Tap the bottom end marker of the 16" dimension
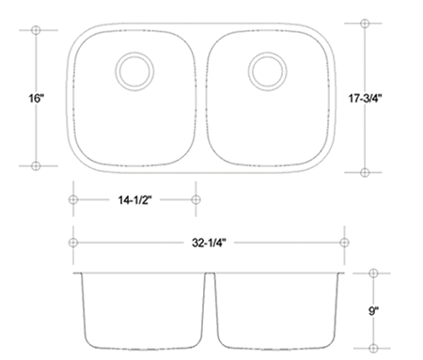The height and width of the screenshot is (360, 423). tap(36, 165)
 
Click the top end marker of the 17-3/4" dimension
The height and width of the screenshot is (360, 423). tap(365, 22)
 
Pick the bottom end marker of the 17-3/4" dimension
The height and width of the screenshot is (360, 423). tap(365, 172)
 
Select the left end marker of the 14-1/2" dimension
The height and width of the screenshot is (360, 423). tap(72, 199)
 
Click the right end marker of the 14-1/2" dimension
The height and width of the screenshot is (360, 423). tap(196, 199)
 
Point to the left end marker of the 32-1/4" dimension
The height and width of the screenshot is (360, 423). tap(72, 242)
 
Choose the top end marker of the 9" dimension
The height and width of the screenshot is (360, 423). tap(373, 273)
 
